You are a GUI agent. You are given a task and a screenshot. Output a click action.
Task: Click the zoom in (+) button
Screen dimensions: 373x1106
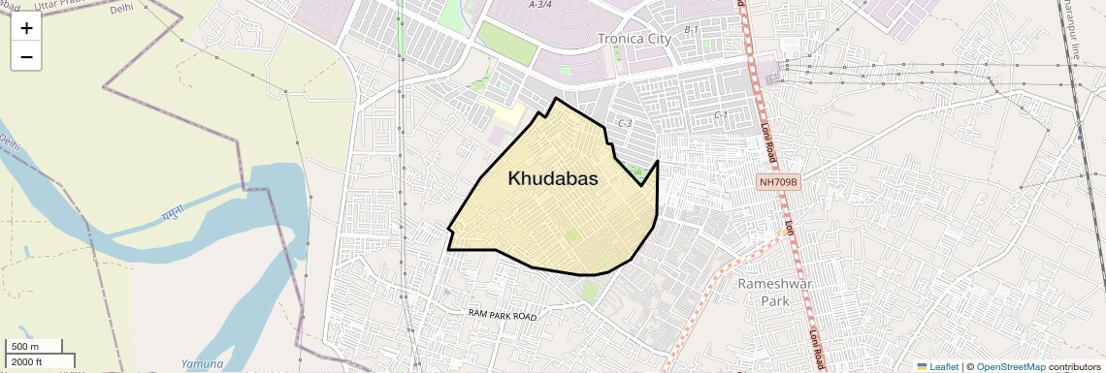click(x=26, y=28)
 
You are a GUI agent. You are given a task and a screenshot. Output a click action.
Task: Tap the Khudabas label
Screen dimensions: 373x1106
click(x=552, y=179)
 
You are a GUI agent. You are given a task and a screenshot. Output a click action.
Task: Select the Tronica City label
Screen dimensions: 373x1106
click(x=634, y=39)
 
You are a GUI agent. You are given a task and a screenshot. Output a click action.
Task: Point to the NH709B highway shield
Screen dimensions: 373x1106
click(x=778, y=182)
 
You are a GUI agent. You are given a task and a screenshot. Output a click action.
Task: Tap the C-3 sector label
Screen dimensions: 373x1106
click(x=625, y=123)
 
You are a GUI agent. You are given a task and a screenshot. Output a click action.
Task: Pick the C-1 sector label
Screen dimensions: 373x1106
click(x=721, y=115)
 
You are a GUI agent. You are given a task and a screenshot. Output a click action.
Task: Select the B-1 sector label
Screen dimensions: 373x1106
click(x=692, y=30)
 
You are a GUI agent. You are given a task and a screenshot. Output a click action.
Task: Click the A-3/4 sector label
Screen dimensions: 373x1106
click(x=540, y=5)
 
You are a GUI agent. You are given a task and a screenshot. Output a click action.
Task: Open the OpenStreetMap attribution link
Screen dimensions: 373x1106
click(x=1010, y=366)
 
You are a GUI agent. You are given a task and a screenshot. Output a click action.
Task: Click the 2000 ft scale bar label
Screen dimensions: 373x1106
click(x=27, y=361)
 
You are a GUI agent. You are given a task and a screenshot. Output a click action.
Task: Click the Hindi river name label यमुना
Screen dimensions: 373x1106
click(x=174, y=211)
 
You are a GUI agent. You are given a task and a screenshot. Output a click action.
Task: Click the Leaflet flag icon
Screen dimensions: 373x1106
click(x=922, y=366)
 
